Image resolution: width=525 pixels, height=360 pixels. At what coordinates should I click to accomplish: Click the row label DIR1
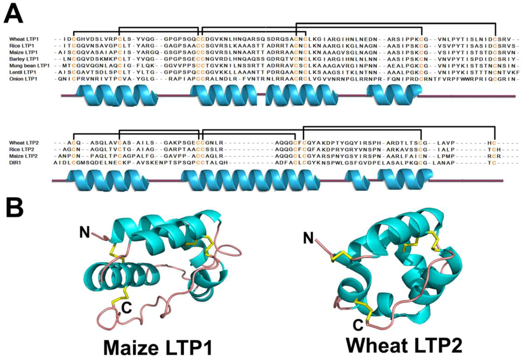[16, 162]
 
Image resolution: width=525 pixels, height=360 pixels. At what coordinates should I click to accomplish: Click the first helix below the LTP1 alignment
[116, 95]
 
